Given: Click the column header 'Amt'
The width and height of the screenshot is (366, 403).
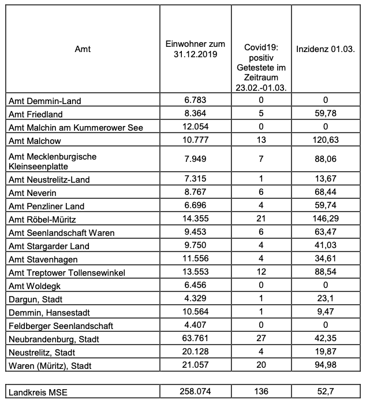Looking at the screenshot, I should [83, 49].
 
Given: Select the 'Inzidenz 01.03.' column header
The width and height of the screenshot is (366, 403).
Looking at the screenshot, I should [325, 49].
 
